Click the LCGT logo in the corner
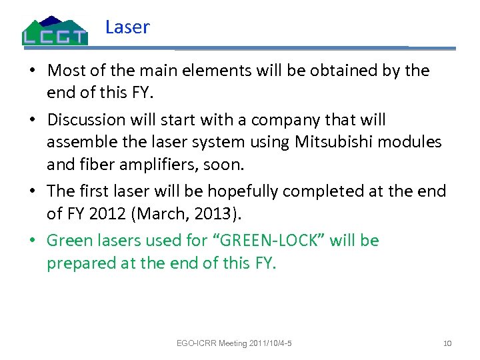click(x=55, y=31)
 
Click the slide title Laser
click(x=127, y=27)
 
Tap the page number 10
click(x=447, y=343)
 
